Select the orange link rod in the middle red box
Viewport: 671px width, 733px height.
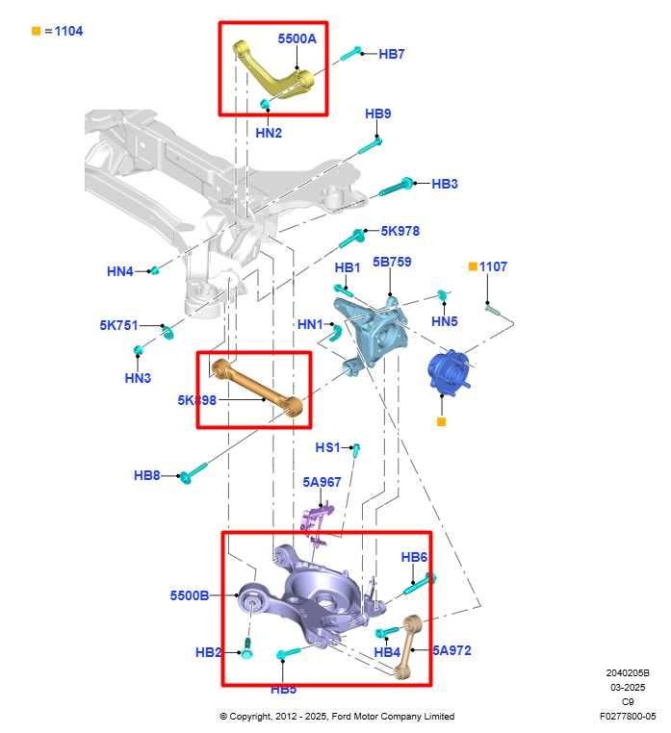tap(258, 390)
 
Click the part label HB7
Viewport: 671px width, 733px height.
tap(391, 55)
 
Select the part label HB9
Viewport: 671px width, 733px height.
tap(377, 114)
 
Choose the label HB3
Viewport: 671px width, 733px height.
tap(444, 184)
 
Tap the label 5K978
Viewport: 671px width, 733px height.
tap(400, 231)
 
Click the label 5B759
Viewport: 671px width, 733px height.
tap(392, 261)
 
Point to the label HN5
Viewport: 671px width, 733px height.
tap(444, 321)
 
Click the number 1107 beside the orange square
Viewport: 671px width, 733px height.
tap(493, 266)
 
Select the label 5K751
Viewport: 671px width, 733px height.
tap(118, 325)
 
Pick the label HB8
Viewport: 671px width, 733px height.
tap(146, 475)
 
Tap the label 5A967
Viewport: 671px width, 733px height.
tap(322, 482)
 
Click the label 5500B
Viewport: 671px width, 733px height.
tap(190, 595)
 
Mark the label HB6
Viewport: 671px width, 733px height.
tap(414, 557)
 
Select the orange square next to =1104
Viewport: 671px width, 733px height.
tap(36, 31)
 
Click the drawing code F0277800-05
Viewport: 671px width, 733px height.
tap(627, 716)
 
